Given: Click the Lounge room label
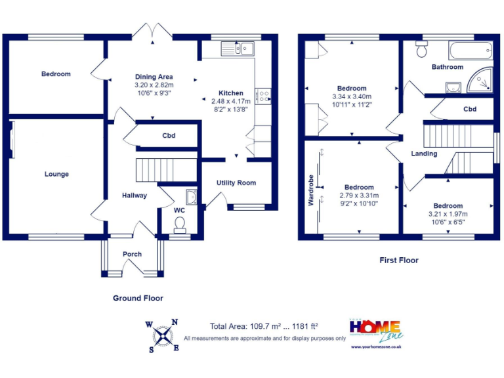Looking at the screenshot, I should coord(56,174).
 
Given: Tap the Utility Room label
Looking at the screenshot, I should coord(236,182).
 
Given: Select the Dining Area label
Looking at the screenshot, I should coord(154,77).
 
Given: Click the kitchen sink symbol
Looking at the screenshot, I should coord(238,47).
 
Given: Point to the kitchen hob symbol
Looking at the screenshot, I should coord(264,96).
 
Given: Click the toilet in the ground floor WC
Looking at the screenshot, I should coord(179,224).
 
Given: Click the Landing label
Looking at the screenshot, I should coord(423,154).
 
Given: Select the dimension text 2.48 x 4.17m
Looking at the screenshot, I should coord(230,102).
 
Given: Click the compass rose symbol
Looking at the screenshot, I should coord(161,335).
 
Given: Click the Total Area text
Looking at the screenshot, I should coord(264,326).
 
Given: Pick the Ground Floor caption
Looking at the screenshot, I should coord(138,298).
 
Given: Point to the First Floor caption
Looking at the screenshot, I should coord(399,261).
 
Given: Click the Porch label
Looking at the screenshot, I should coord(133,254).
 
